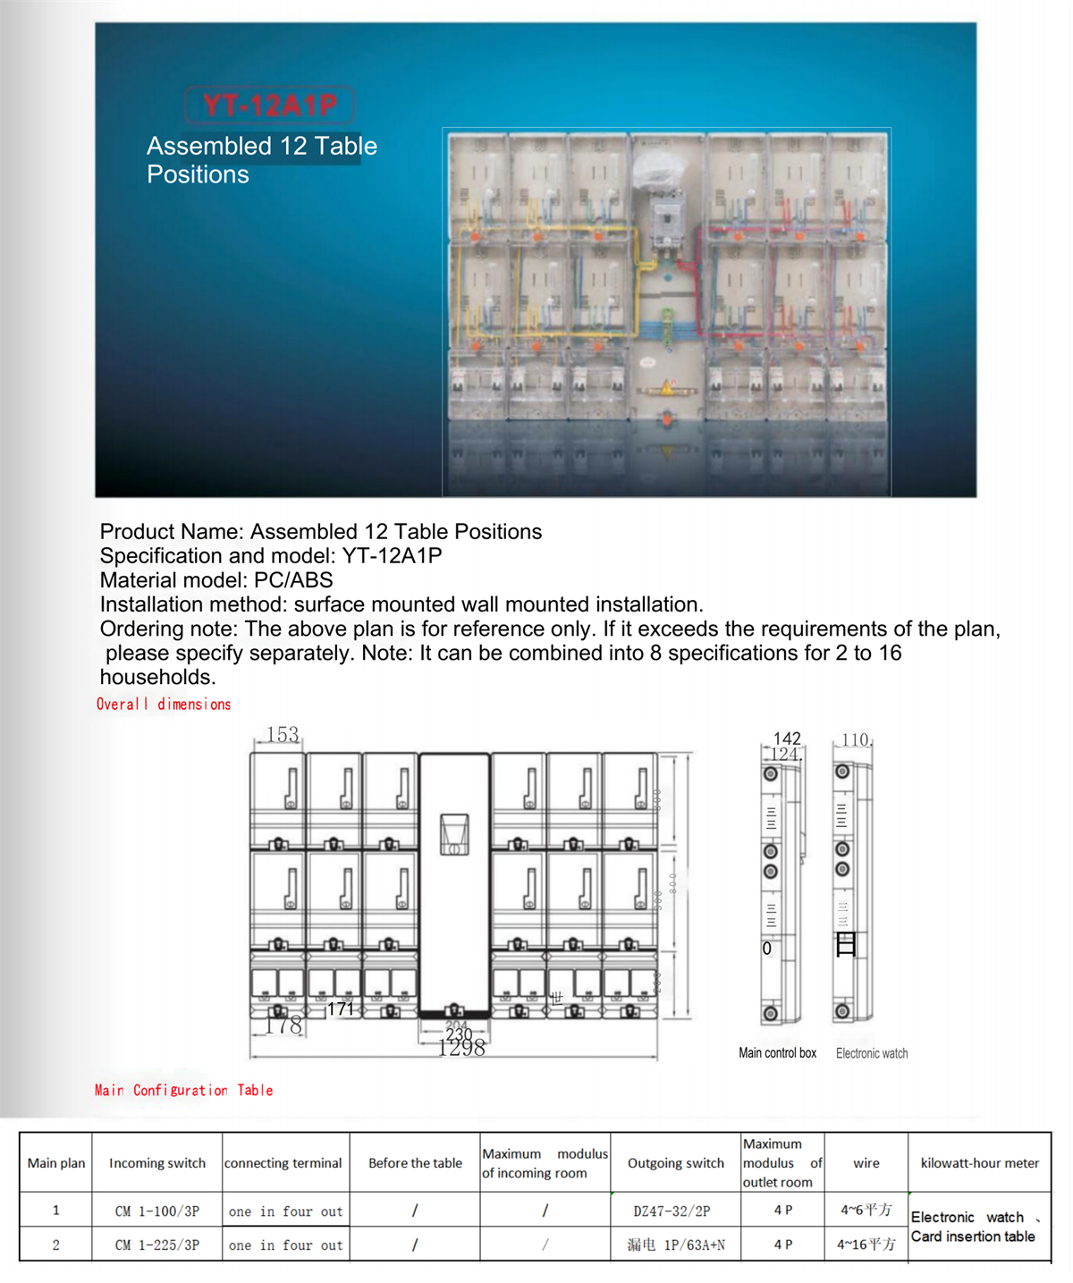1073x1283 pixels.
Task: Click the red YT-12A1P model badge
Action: pos(269,106)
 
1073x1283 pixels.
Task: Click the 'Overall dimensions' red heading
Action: pos(164,705)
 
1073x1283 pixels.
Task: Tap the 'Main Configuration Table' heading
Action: pos(183,1090)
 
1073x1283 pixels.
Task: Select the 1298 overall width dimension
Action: pos(461,1048)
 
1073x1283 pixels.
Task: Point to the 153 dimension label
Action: pos(283,734)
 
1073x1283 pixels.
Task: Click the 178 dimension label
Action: pos(283,1025)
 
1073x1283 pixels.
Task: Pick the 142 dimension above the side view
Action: pos(787,739)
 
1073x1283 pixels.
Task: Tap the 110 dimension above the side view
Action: pos(856,740)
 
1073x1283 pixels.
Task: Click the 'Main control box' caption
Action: pos(777,1053)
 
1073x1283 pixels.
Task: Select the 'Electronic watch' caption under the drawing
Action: pos(872,1053)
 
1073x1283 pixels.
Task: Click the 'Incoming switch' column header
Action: pos(157,1163)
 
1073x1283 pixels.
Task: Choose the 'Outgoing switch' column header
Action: pos(676,1163)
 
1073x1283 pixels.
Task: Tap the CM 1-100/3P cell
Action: pos(157,1211)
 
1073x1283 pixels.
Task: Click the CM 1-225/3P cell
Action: pos(157,1245)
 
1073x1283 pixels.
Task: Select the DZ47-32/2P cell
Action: pos(672,1211)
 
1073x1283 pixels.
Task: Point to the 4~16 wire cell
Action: pos(866,1245)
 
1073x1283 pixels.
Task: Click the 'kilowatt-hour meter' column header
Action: pos(980,1163)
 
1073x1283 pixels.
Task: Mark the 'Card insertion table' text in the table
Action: pos(973,1237)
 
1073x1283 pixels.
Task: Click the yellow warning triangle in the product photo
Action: pos(667,387)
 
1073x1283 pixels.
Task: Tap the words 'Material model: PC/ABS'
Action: pos(216,580)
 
